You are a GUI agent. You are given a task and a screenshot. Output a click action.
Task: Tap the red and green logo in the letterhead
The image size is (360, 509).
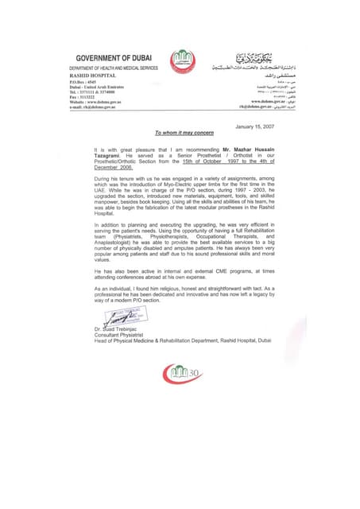point(181,62)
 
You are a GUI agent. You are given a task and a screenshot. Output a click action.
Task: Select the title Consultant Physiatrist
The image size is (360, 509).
point(117,332)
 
